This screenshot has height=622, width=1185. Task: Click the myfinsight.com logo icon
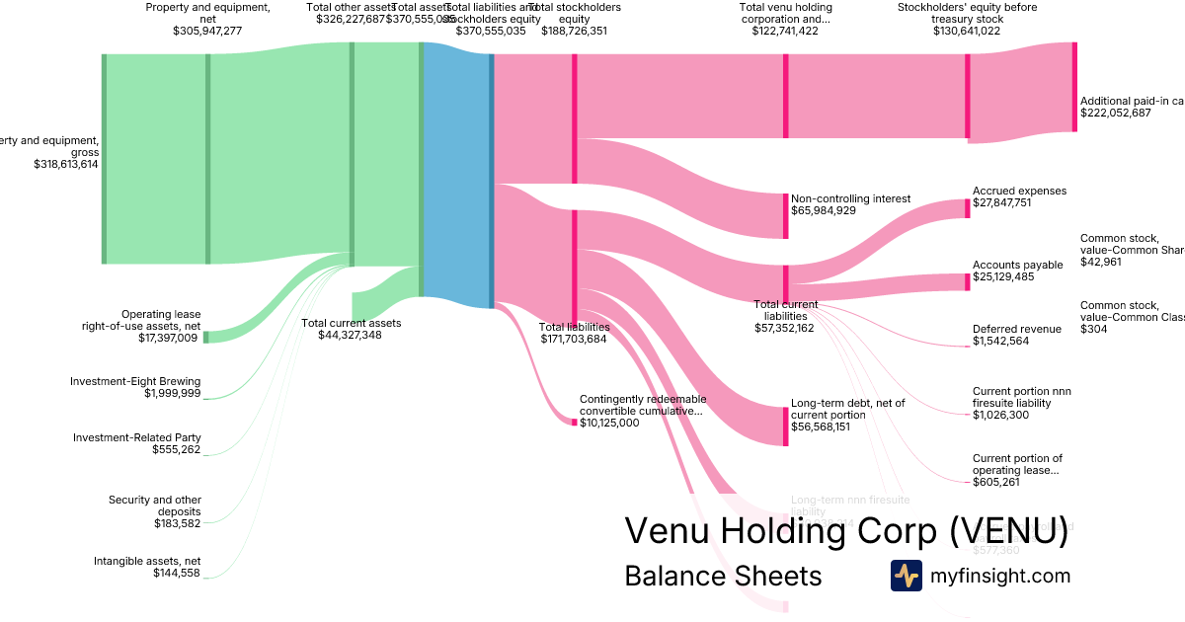(906, 576)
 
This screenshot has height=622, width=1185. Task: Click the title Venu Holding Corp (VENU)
(846, 531)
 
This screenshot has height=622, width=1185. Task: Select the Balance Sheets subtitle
(723, 576)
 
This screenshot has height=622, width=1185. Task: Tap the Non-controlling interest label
(850, 198)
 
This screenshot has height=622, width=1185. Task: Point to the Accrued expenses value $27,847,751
(1015, 203)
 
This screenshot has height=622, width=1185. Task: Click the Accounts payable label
(1017, 265)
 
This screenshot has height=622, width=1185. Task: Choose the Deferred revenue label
(1017, 329)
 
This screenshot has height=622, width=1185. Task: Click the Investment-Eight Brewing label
(135, 381)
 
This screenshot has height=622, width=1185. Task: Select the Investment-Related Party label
(137, 437)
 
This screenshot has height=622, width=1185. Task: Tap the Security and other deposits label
(155, 505)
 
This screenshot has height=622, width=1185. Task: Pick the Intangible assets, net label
(147, 561)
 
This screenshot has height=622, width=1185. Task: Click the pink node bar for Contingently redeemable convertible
(574, 423)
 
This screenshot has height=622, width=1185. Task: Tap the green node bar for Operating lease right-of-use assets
(205, 338)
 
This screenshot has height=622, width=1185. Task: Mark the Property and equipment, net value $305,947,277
(207, 31)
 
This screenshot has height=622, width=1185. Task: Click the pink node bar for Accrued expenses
(968, 208)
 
